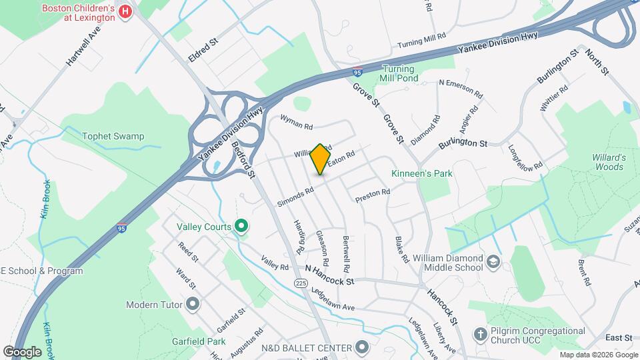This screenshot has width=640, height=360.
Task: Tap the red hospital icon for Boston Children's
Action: tap(124, 11)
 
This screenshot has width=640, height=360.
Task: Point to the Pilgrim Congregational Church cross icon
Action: tap(479, 333)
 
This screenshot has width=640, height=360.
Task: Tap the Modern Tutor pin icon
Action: tap(193, 305)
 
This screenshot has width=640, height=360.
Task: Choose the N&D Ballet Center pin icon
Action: tap(362, 347)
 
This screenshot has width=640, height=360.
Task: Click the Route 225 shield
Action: tap(301, 284)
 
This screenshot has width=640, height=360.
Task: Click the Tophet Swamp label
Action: tap(113, 137)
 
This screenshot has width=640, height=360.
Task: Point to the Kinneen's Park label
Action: tap(422, 174)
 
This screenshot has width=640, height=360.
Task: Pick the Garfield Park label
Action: tap(197, 341)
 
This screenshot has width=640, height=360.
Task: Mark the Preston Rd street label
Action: tap(372, 194)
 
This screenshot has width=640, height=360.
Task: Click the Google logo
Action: tap(22, 351)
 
